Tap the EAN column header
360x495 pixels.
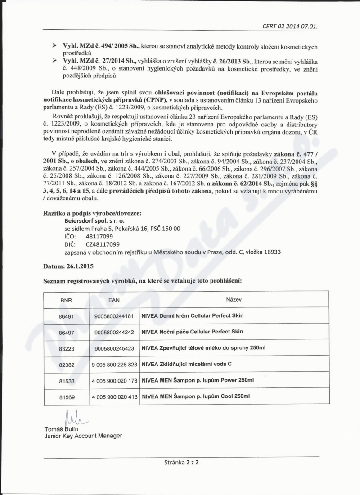pos(114,299)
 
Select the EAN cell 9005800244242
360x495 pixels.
pos(114,332)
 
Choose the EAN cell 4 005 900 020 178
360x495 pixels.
pos(114,380)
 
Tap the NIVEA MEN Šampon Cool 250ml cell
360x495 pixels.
pos(195,396)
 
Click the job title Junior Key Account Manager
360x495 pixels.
pos(83,436)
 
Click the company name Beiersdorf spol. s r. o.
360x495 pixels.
pos(91,221)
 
